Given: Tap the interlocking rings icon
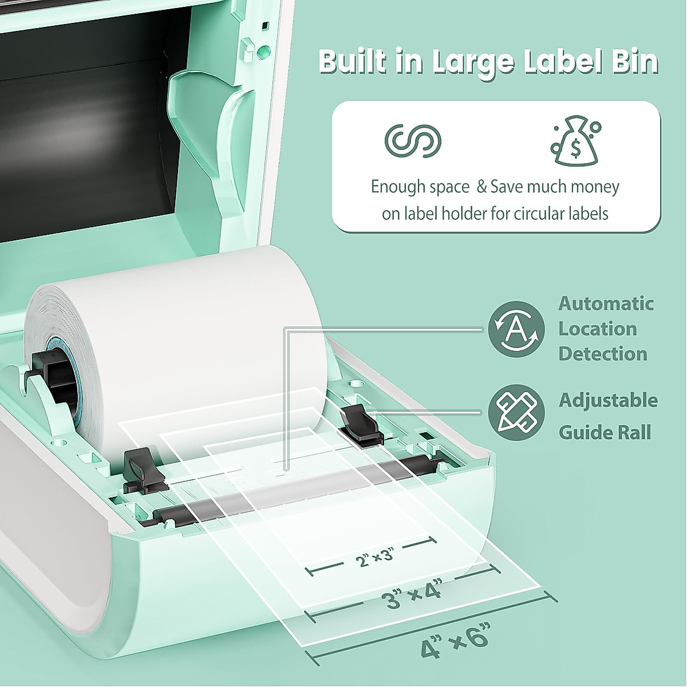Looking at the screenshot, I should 413,140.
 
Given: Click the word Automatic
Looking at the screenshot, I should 606,303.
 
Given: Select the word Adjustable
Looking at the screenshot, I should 608,400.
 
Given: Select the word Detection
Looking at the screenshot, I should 602,354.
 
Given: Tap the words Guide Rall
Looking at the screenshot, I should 605,432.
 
